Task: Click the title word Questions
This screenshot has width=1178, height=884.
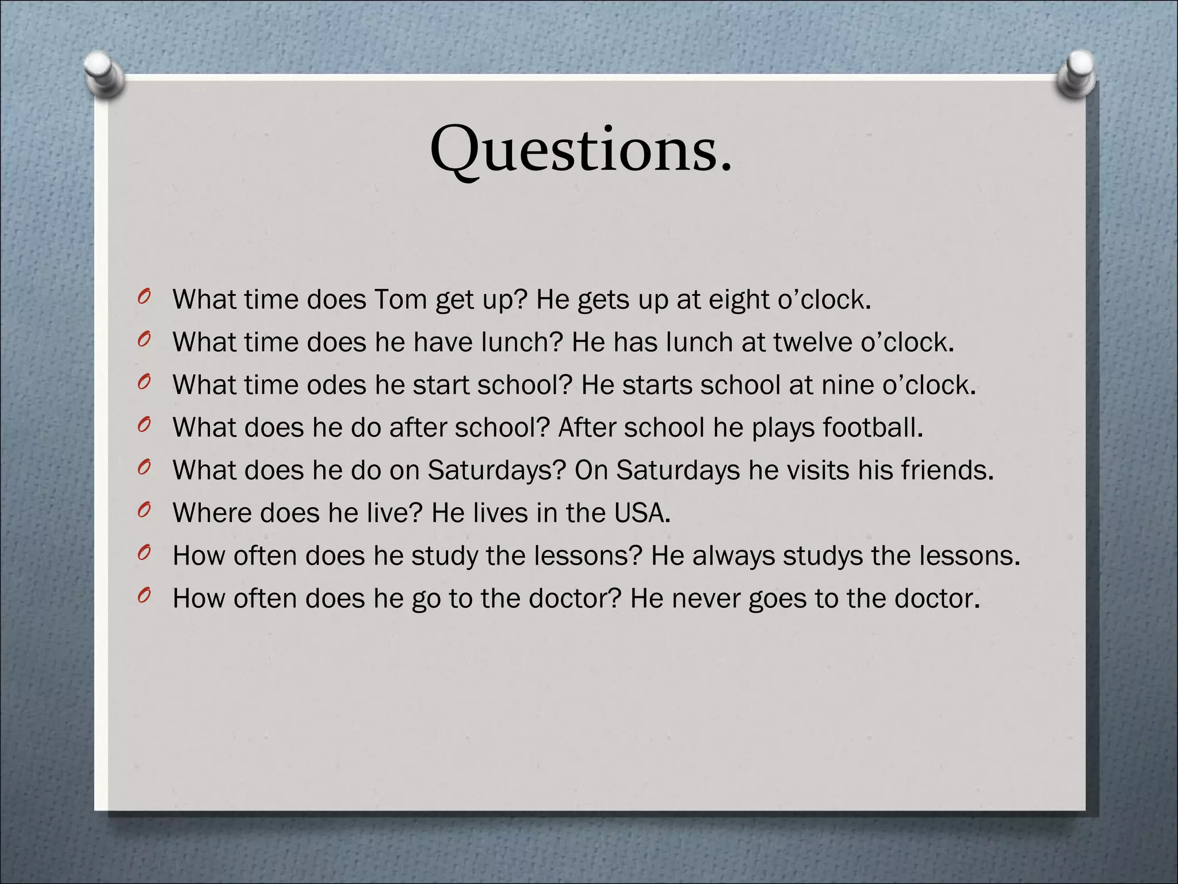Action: [x=581, y=151]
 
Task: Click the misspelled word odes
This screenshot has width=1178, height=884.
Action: [x=336, y=385]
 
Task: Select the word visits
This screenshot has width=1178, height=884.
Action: [x=819, y=470]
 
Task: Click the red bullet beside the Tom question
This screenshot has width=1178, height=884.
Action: [x=144, y=297]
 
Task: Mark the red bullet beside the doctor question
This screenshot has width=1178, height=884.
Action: [x=144, y=596]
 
